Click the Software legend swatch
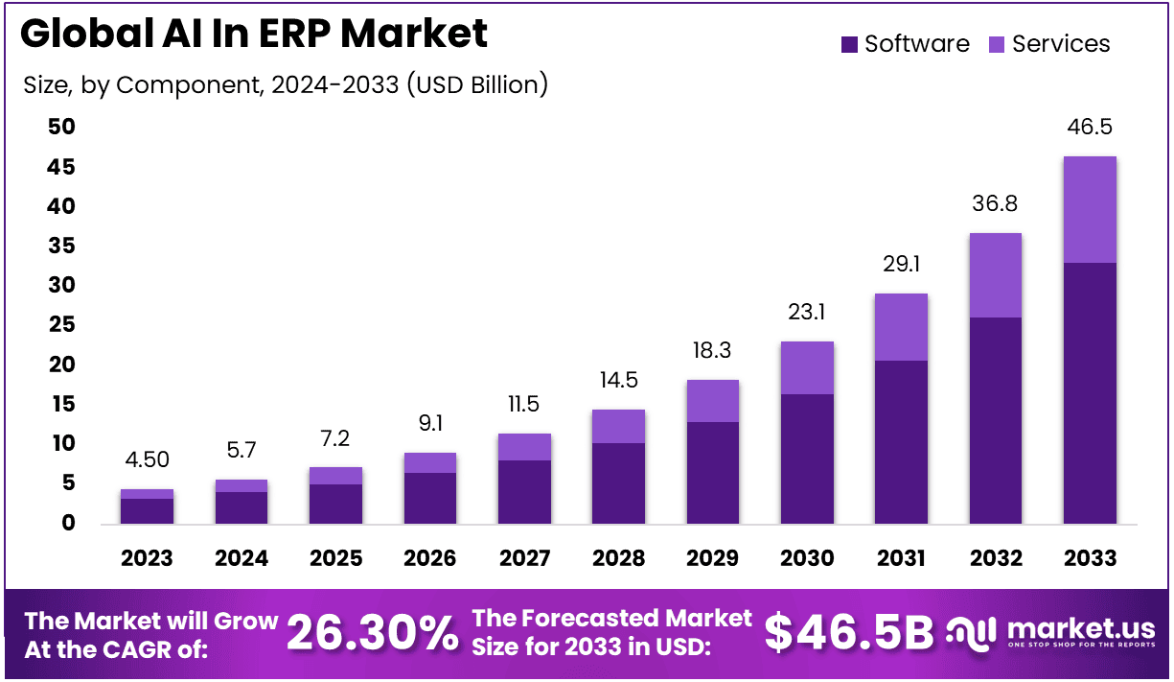click(x=849, y=44)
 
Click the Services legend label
click(x=1061, y=44)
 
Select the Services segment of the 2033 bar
click(x=1090, y=209)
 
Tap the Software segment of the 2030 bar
click(x=807, y=459)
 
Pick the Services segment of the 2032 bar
click(x=996, y=275)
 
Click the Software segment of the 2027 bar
click(x=524, y=491)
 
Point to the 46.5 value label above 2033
click(x=1090, y=128)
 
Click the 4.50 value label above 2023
click(x=147, y=460)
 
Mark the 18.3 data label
click(x=712, y=351)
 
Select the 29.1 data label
click(x=901, y=264)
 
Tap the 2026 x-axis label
click(x=430, y=558)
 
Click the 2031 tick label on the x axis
click(x=901, y=558)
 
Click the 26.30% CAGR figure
click(x=373, y=633)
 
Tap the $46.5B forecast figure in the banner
click(x=848, y=633)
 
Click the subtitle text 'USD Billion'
click(x=476, y=84)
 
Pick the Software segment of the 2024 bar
click(x=241, y=507)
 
